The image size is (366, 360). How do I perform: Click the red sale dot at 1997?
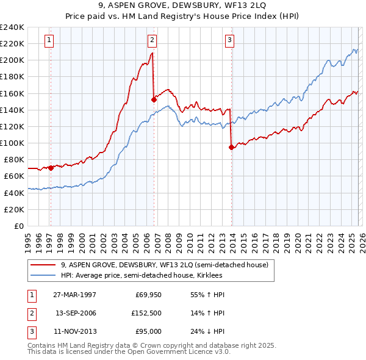point(51,168)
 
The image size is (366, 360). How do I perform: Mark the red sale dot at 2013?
point(231,147)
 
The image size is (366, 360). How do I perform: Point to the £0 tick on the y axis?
point(18,226)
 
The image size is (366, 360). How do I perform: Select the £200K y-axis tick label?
point(12,60)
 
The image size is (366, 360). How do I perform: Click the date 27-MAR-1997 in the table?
point(75,295)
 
